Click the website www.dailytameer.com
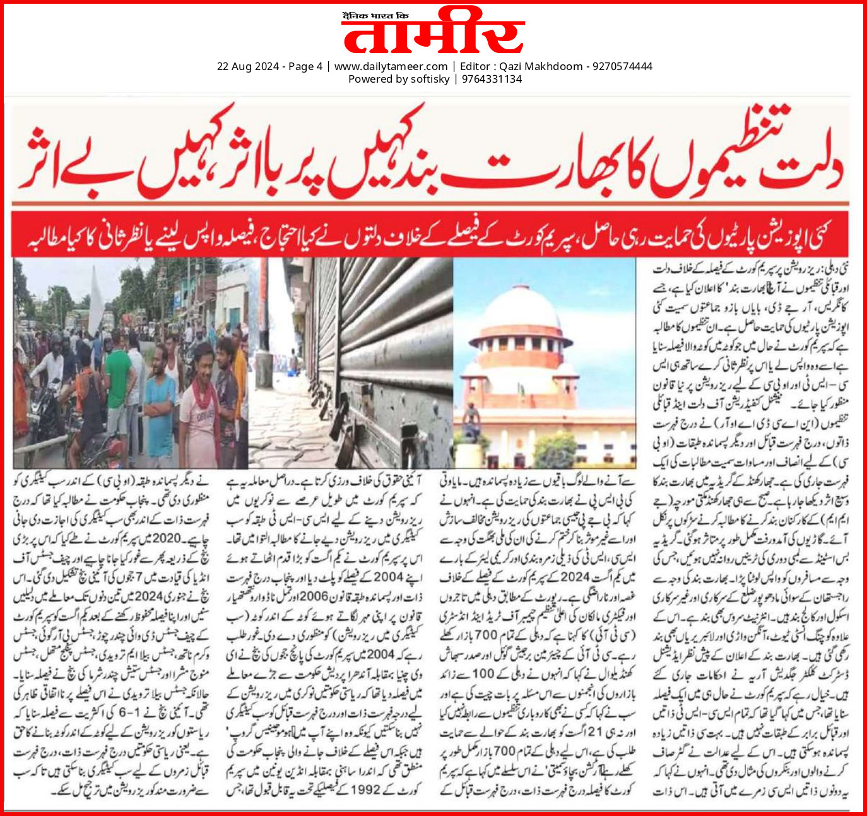click(391, 66)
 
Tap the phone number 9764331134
click(492, 79)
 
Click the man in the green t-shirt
click(117, 391)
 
